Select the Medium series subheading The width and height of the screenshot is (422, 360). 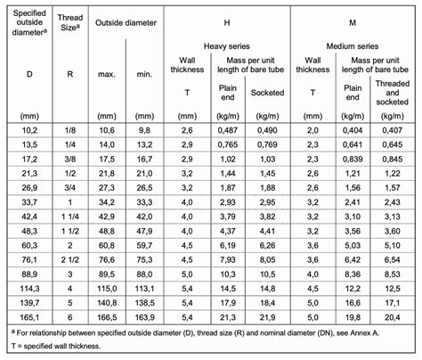point(353,44)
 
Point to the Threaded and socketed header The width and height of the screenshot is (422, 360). point(392,91)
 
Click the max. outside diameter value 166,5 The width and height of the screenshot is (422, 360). point(105,317)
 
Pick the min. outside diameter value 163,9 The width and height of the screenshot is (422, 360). point(145,317)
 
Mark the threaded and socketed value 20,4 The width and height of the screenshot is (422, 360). point(392,317)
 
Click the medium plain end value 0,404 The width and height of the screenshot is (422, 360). point(353,131)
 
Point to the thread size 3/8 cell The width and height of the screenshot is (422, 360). point(69,160)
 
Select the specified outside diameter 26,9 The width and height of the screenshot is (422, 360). point(27,188)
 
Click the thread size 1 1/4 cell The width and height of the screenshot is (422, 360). point(69,217)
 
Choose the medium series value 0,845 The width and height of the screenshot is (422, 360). point(392,160)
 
